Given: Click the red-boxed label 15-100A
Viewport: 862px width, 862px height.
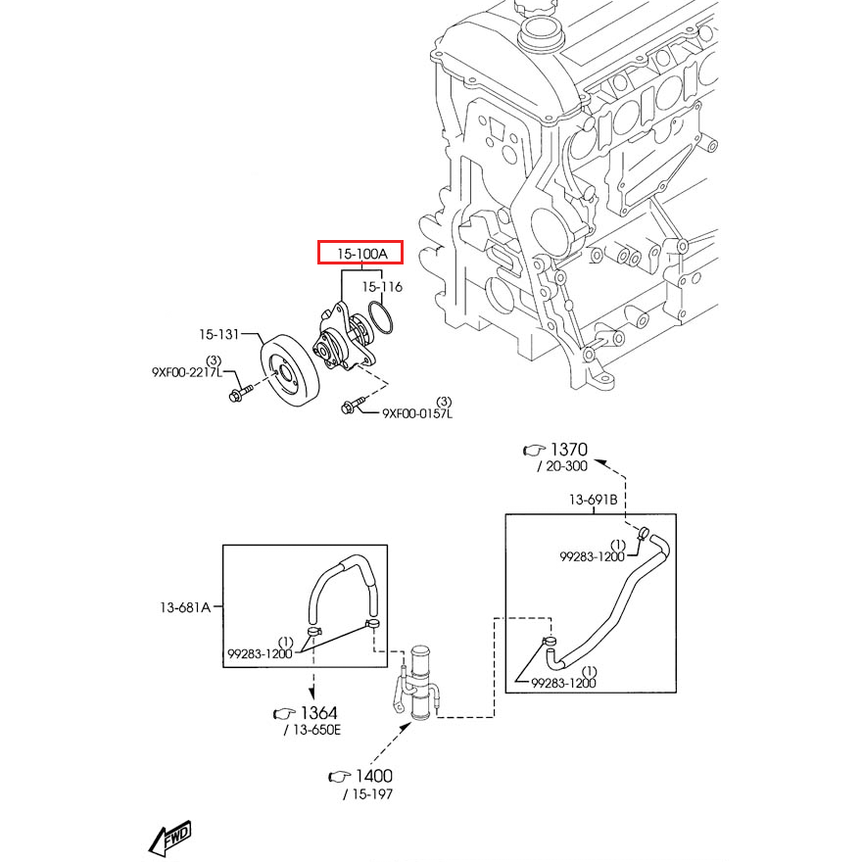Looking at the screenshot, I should coord(362,254).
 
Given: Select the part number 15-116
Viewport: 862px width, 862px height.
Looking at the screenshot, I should coord(383,287).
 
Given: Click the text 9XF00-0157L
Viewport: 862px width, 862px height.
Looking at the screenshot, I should coord(417,413).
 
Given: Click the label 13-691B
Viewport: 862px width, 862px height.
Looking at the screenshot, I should coord(594,500).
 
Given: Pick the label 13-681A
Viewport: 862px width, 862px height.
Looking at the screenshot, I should coord(186,607).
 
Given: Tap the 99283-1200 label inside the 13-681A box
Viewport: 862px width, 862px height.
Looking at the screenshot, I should coord(260,653).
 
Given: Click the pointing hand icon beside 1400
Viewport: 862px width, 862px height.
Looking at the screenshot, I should coord(339,776).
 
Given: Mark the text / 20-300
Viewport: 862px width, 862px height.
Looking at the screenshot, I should coord(562,466).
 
